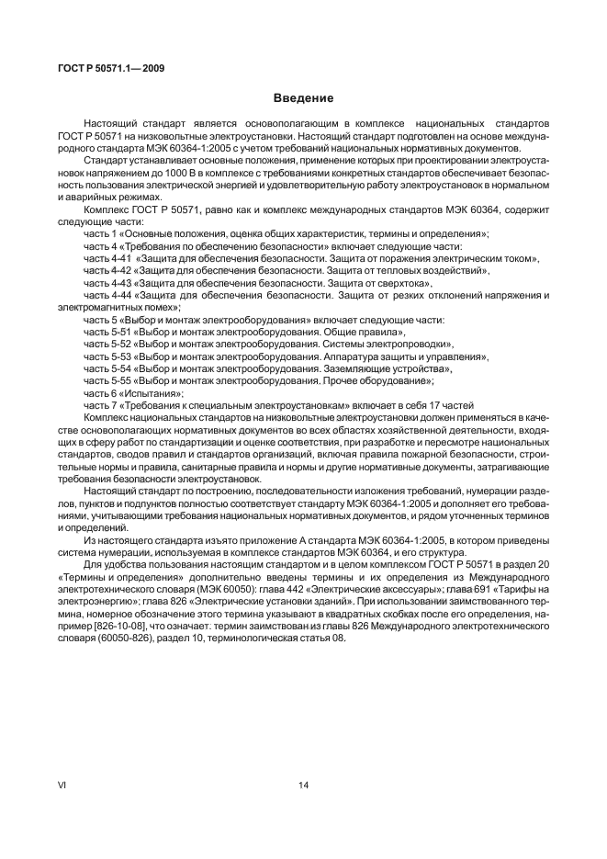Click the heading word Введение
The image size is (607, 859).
pyautogui.click(x=303, y=98)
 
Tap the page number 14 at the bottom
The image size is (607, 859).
pyautogui.click(x=303, y=784)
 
